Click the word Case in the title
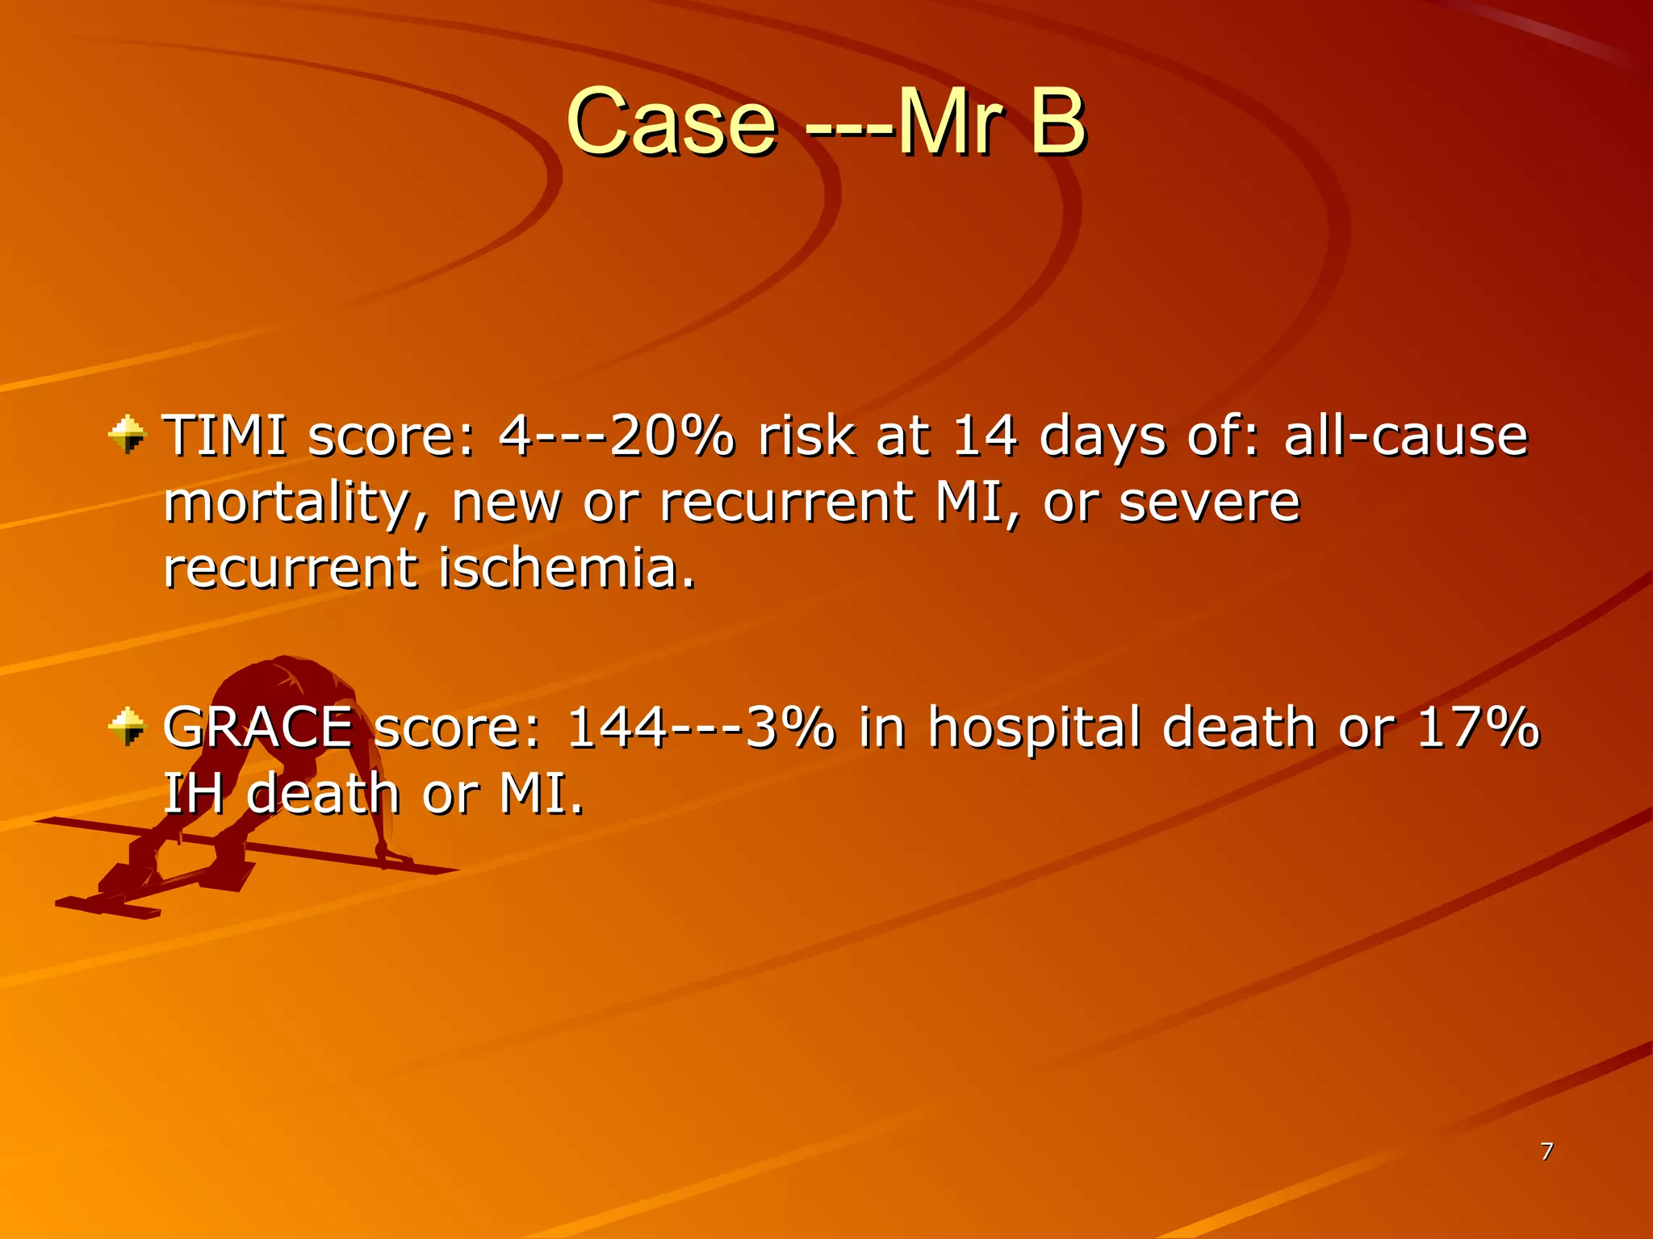tap(672, 123)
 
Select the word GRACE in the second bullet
tap(258, 728)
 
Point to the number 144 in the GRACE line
tap(617, 728)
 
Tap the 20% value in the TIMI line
tap(672, 436)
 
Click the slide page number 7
tap(1546, 1151)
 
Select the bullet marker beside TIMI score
tap(127, 435)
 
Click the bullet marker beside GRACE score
tap(127, 726)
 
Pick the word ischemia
tap(567, 568)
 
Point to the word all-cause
tap(1405, 436)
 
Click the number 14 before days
tap(984, 436)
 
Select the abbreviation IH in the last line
tap(194, 794)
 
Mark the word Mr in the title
tap(950, 123)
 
